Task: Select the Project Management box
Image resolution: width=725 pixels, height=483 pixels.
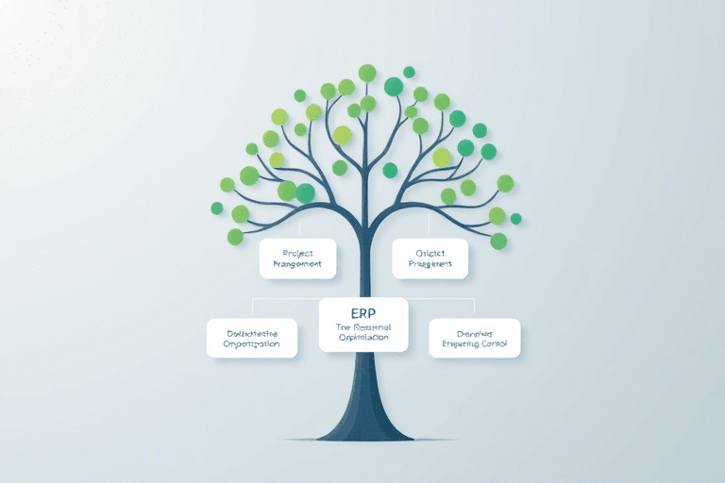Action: (x=297, y=258)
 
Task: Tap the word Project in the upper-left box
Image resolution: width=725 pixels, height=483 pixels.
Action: (x=297, y=252)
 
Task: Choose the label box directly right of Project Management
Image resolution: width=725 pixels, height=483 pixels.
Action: (x=430, y=258)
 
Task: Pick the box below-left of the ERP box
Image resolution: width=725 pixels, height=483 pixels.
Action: (x=252, y=338)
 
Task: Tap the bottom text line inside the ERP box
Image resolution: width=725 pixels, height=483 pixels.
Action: (x=363, y=337)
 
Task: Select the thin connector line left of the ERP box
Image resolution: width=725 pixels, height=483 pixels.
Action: (x=283, y=299)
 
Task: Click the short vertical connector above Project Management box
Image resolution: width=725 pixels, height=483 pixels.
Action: (x=299, y=229)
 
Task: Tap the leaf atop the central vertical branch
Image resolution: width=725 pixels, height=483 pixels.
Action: (x=367, y=73)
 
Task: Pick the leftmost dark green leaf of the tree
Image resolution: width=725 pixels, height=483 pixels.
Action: (x=216, y=208)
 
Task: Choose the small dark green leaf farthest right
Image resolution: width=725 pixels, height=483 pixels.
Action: (x=515, y=219)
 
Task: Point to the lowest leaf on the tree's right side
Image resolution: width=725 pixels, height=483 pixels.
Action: (x=498, y=241)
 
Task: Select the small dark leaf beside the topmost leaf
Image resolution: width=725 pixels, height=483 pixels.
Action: (x=409, y=72)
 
